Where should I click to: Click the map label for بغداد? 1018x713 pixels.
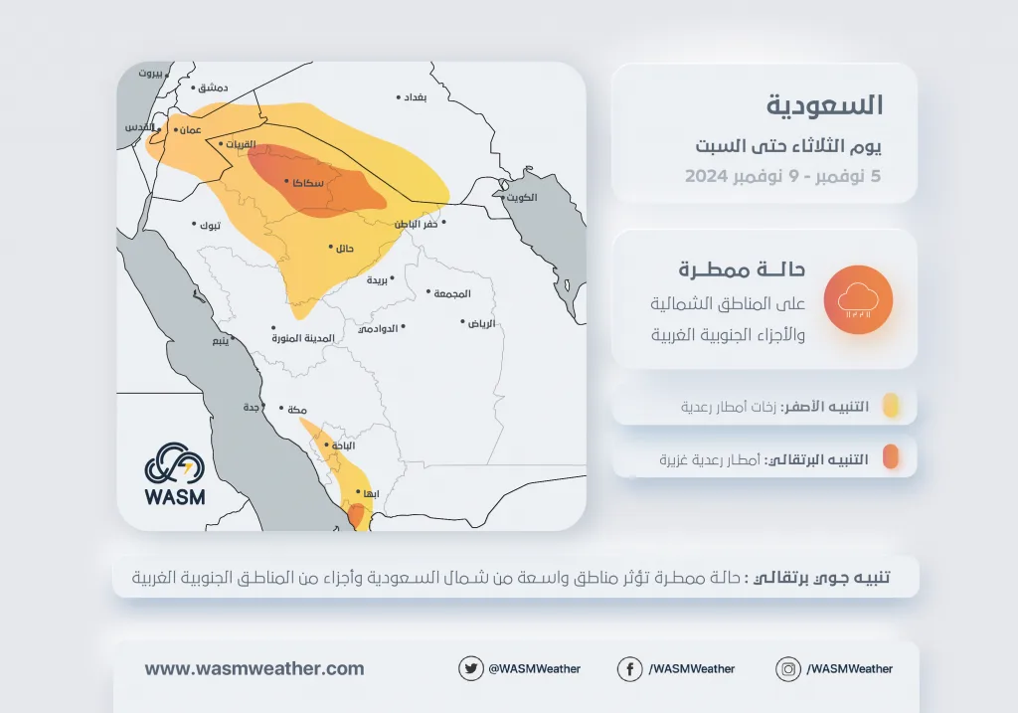click(415, 97)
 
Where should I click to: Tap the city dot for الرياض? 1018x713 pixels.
click(463, 321)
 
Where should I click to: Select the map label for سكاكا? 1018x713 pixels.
click(308, 183)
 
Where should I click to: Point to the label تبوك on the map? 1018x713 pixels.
click(210, 226)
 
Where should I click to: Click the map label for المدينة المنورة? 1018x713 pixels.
click(303, 338)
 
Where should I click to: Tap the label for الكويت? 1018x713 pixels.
click(522, 198)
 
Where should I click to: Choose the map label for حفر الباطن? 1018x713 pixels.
click(417, 224)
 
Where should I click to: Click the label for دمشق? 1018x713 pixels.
click(213, 88)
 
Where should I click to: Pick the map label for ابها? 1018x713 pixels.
click(371, 493)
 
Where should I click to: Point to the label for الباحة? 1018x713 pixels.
click(343, 446)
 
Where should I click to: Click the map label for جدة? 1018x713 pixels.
click(252, 407)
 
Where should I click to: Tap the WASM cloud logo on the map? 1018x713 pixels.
click(175, 474)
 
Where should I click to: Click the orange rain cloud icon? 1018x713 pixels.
click(858, 300)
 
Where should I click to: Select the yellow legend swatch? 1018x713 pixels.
click(891, 405)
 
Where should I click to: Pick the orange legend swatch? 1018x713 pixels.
click(891, 456)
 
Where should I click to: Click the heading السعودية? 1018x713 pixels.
click(824, 105)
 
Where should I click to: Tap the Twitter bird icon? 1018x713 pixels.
click(470, 668)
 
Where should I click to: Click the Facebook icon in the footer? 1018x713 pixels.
click(629, 668)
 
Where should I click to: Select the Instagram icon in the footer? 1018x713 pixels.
click(788, 668)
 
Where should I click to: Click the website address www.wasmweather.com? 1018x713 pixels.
click(254, 668)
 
